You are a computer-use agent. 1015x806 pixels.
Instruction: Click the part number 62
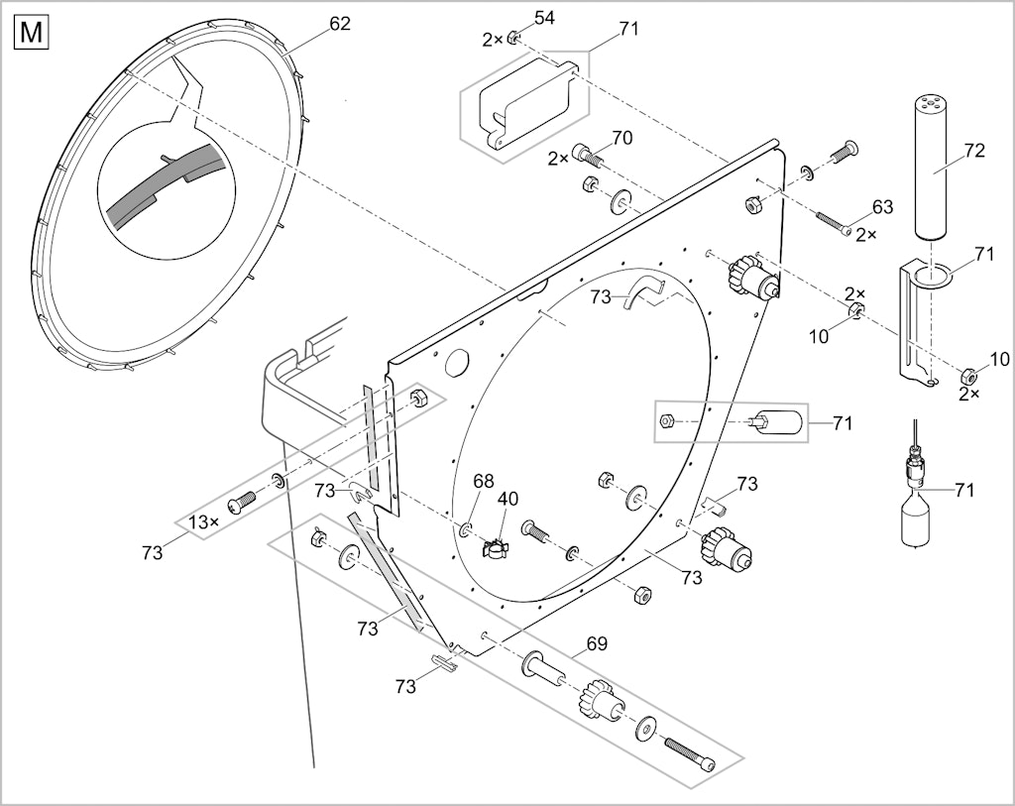click(x=340, y=24)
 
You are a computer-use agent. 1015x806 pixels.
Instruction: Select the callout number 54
click(x=544, y=18)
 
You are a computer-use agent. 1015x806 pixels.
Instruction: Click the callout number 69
click(x=597, y=643)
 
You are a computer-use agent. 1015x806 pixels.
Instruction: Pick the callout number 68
click(x=483, y=481)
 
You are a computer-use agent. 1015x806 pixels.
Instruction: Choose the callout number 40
click(x=508, y=499)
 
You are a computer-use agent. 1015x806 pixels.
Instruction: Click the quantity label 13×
click(x=203, y=521)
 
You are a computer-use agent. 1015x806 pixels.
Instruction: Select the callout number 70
click(x=621, y=138)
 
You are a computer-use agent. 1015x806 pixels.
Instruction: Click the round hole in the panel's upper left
click(x=458, y=362)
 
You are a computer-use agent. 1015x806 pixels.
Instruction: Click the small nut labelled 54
click(x=510, y=38)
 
